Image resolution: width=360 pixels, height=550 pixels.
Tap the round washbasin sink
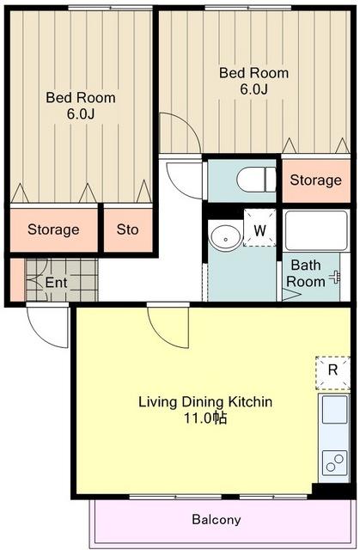226,238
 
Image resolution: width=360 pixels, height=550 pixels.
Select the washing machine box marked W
259,227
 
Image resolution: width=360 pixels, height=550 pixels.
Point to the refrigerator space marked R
333,373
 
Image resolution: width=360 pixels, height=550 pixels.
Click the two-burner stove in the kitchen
335,463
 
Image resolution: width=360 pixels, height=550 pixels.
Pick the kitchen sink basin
335,409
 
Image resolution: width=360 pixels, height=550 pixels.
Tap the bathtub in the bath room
316,230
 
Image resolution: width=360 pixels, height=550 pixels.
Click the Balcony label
217,519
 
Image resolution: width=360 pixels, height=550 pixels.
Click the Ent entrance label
56,283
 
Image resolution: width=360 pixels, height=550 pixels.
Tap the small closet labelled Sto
128,230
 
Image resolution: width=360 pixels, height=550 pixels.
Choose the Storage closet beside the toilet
316,180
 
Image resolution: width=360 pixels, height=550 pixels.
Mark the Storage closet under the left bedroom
53,230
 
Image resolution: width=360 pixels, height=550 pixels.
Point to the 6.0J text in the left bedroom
81,114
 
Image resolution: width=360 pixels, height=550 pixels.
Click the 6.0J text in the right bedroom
253,89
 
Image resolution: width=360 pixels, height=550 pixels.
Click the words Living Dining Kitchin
205,401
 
